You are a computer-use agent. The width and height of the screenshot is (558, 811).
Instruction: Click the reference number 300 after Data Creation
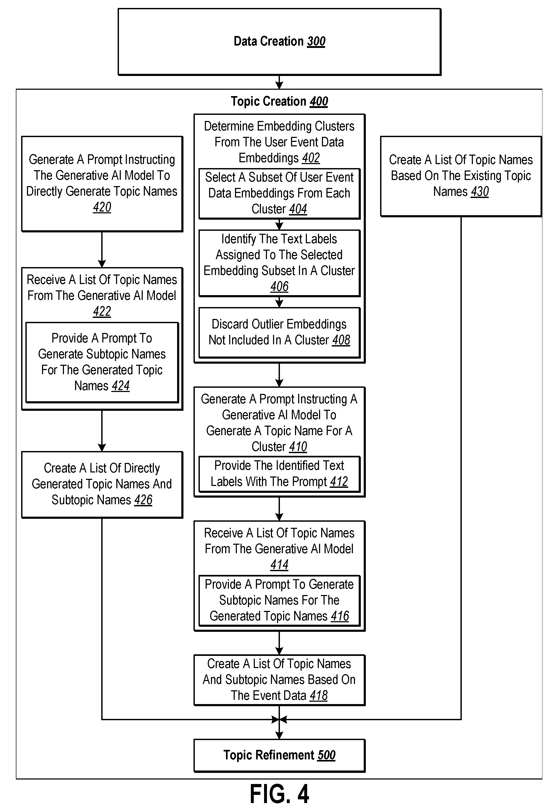[316, 41]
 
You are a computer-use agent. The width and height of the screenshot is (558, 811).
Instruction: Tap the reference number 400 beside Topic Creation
[319, 101]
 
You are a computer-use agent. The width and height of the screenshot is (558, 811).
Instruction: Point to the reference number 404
[298, 209]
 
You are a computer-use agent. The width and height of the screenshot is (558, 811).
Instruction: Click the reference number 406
[279, 286]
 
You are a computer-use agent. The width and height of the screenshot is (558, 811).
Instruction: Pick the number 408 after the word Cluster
[341, 340]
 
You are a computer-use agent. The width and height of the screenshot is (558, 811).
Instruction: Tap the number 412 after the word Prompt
[339, 482]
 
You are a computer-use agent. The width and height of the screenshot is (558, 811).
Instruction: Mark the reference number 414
[279, 565]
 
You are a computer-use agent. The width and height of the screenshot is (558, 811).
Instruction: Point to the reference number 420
[102, 207]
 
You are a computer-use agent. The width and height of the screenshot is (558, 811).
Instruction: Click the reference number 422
[102, 311]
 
